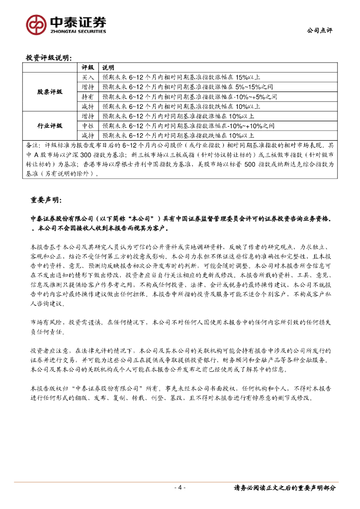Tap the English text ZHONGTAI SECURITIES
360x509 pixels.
coord(77,31)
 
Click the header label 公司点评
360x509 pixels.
coord(320,30)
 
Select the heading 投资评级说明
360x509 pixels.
coord(49,58)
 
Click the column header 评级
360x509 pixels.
coord(88,68)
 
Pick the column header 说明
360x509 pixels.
coord(108,68)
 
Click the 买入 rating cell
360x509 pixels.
coord(88,78)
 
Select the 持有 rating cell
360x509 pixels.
coord(88,96)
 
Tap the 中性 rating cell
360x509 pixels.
coord(88,125)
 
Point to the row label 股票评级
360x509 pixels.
coord(50,92)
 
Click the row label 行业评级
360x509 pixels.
coord(50,125)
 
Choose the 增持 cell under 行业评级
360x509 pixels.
coord(88,116)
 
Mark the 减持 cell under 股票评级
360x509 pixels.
coord(88,106)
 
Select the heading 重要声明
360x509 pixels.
coord(46,200)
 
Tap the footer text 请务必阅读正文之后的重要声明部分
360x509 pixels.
coord(285,488)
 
